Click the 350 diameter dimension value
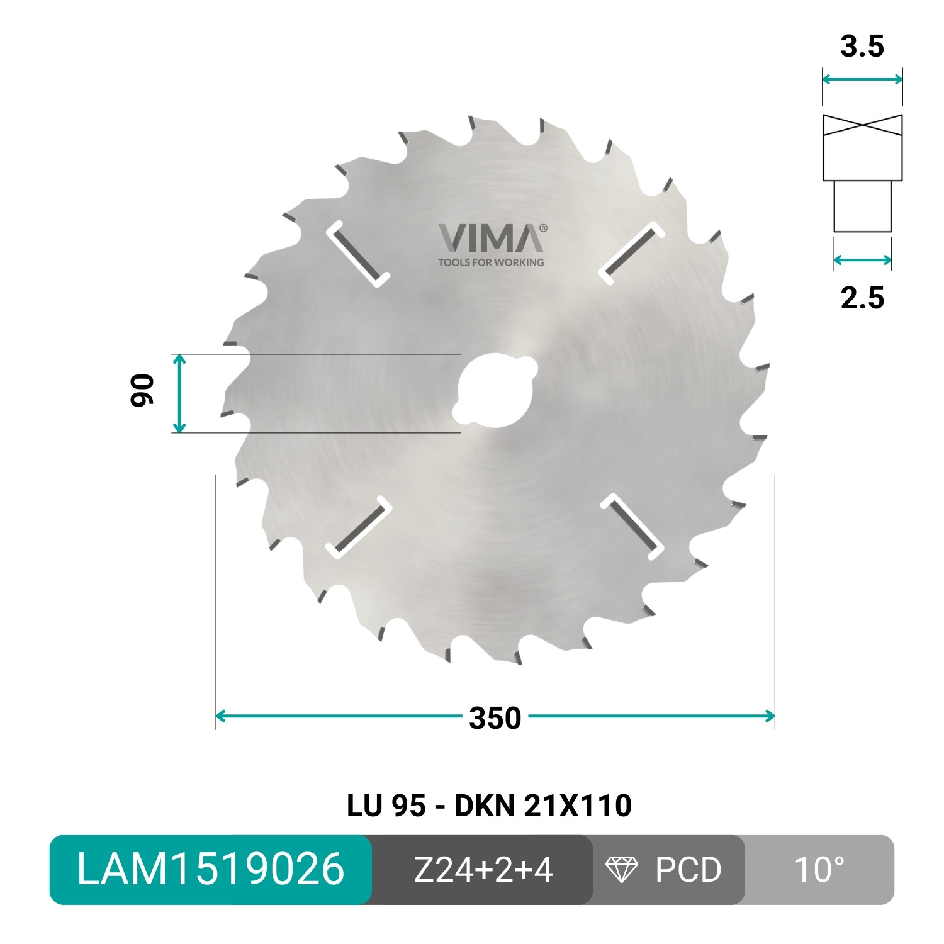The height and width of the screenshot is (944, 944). tap(495, 718)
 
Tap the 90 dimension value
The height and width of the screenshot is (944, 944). tap(142, 391)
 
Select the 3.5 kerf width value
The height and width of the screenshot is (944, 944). tap(862, 47)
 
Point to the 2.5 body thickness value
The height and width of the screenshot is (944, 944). tap(862, 297)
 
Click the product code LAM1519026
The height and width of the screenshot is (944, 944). tap(210, 870)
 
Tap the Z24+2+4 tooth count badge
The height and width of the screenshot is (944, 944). tap(483, 870)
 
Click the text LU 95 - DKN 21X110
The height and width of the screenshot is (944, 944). tap(489, 806)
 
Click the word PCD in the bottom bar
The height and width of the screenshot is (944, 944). tap(688, 870)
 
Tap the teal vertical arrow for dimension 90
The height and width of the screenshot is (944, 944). tap(179, 393)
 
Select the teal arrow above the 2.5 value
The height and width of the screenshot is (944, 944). tap(862, 260)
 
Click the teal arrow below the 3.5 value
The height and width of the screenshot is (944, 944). tap(862, 79)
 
